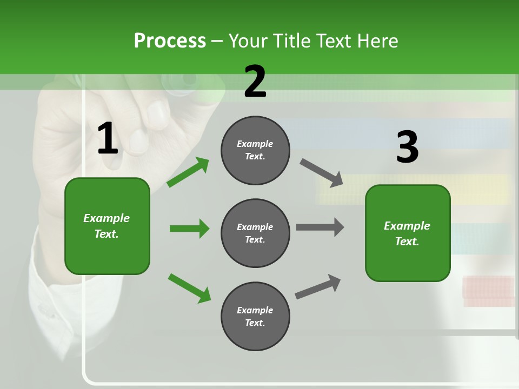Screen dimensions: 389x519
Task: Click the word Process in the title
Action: click(x=170, y=41)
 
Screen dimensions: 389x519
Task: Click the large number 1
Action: click(x=108, y=139)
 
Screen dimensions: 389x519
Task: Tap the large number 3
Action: click(x=407, y=147)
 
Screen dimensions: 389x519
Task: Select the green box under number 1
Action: click(x=107, y=226)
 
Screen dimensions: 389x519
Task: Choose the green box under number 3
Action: click(x=408, y=233)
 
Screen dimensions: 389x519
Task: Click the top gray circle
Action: click(x=255, y=150)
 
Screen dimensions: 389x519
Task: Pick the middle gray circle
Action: click(x=255, y=233)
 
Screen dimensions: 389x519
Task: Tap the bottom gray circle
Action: click(x=255, y=316)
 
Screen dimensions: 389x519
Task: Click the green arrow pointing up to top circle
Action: click(x=188, y=172)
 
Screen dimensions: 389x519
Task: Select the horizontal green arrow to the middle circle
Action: click(x=189, y=229)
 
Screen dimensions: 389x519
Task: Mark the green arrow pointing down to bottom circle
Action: click(x=189, y=288)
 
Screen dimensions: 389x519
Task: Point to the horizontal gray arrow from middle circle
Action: click(x=320, y=227)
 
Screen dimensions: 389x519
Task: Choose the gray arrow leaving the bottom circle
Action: click(x=318, y=287)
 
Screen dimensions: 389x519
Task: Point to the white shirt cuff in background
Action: click(x=59, y=303)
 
